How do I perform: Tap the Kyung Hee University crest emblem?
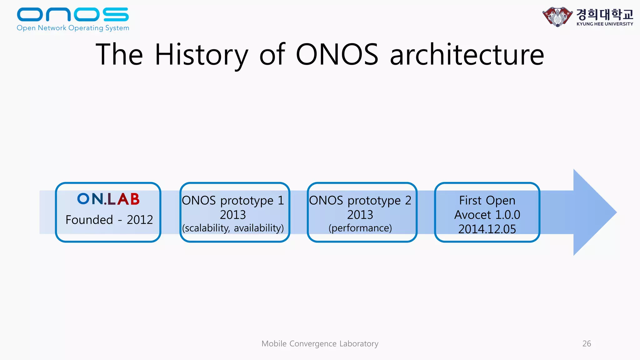[557, 17]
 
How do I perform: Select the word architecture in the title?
[467, 55]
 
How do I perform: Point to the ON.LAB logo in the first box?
[108, 199]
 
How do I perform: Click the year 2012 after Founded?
[140, 220]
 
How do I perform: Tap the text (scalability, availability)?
[233, 228]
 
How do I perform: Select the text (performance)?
[360, 228]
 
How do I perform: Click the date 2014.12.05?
[487, 229]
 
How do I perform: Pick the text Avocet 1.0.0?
[487, 215]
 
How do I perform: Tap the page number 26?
[587, 344]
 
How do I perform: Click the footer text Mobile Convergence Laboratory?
[320, 344]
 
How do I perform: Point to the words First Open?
[487, 200]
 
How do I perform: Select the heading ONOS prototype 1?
[233, 200]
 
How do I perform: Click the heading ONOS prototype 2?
[360, 200]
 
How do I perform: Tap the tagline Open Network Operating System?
[73, 28]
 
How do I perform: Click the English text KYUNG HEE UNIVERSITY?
[605, 24]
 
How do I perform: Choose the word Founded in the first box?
[89, 220]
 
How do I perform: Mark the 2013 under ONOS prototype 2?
[360, 215]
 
